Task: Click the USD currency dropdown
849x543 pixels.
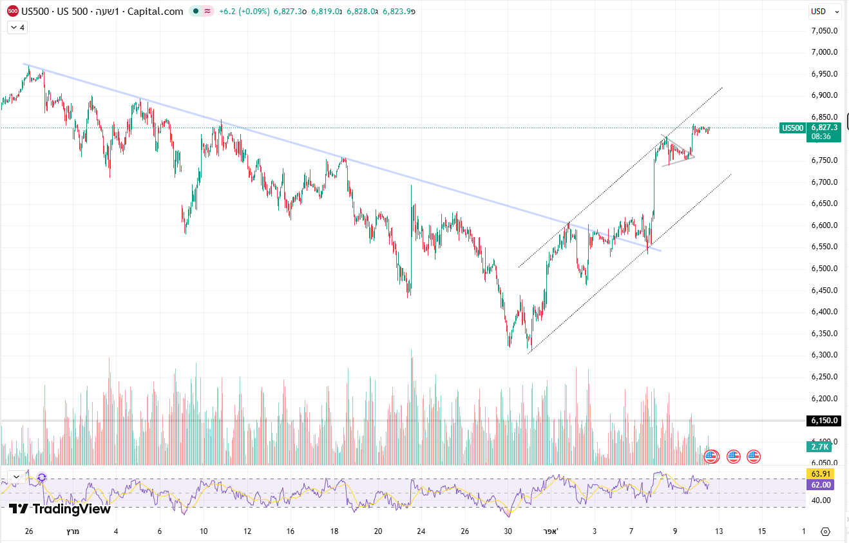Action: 825,11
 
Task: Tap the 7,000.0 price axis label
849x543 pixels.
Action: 824,52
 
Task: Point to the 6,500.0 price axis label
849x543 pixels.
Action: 824,268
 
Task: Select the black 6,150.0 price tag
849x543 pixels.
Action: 824,421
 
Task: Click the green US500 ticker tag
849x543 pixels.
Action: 792,128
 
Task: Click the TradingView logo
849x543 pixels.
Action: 60,509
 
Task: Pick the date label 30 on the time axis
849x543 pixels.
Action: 508,531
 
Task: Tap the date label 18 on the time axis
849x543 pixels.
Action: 334,531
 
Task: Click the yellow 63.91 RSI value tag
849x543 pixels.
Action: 819,474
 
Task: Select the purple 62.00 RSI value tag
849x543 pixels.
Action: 819,484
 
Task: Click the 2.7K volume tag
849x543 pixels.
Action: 819,446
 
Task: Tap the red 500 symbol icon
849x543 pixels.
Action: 12,11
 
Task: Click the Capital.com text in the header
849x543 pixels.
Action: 157,11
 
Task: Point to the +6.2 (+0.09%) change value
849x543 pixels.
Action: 245,11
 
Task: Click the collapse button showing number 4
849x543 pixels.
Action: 17,27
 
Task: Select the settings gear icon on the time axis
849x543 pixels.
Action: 825,531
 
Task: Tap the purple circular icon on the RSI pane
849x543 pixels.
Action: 42,477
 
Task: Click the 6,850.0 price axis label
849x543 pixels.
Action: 824,117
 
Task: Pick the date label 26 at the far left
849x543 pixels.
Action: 28,531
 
